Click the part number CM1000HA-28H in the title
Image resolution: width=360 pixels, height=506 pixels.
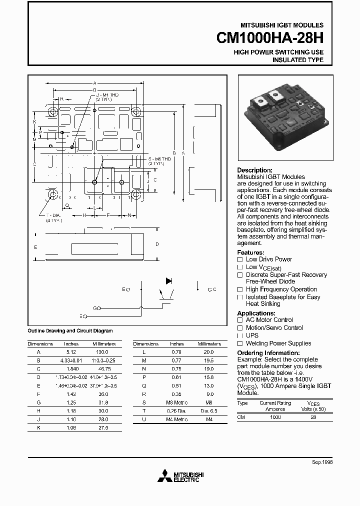pyautogui.click(x=270, y=38)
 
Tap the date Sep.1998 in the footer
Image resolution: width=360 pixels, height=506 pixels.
pyautogui.click(x=322, y=462)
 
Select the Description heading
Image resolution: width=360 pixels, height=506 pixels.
pyautogui.click(x=254, y=170)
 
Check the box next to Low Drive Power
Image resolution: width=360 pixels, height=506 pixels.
pyautogui.click(x=240, y=259)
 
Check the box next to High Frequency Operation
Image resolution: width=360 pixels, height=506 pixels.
pyautogui.click(x=240, y=289)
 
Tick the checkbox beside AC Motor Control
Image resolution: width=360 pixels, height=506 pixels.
pyautogui.click(x=240, y=320)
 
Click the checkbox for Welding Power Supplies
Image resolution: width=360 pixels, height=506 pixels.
pyautogui.click(x=240, y=343)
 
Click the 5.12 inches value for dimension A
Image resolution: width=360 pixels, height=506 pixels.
pyautogui.click(x=71, y=352)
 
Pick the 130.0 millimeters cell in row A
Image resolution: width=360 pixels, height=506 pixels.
pyautogui.click(x=104, y=352)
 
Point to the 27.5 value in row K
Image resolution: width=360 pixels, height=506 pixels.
pyautogui.click(x=104, y=428)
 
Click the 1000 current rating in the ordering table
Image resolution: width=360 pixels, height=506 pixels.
pyautogui.click(x=275, y=416)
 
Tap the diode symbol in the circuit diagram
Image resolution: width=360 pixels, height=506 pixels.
pyautogui.click(x=169, y=281)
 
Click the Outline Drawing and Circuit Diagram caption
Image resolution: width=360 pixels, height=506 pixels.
pyautogui.click(x=70, y=331)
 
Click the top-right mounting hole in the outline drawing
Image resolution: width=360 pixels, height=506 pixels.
pyautogui.click(x=136, y=111)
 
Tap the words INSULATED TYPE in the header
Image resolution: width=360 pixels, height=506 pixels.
pyautogui.click(x=297, y=60)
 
